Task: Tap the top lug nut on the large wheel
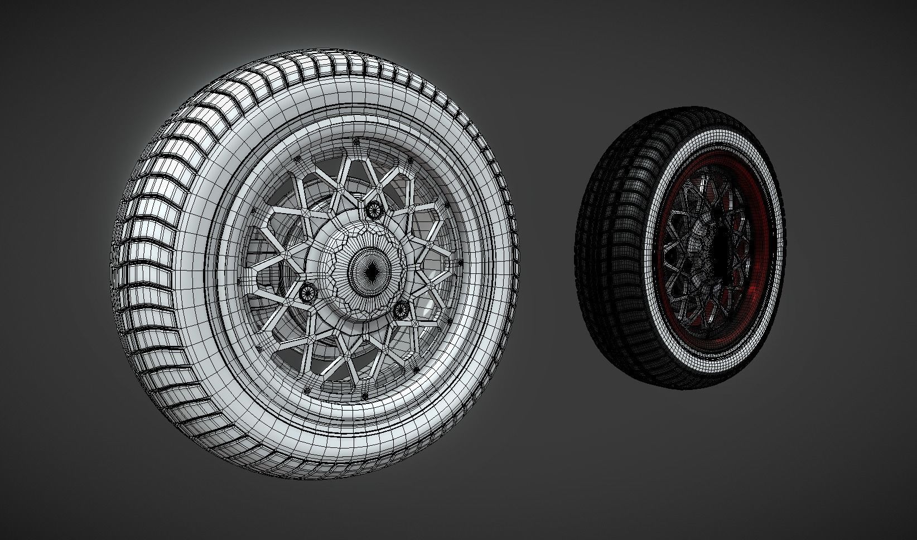[373, 209]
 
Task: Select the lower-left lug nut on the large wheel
[306, 292]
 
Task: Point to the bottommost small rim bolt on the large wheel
[365, 396]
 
